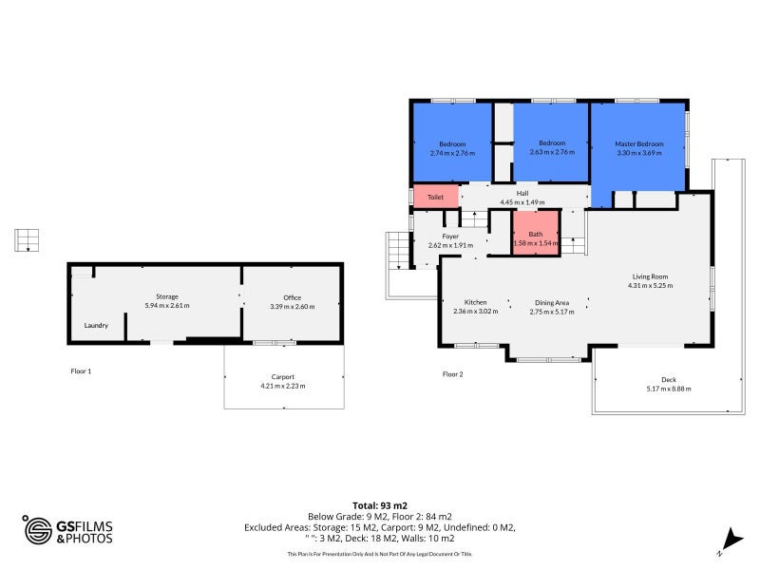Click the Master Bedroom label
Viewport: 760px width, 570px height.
pos(637,143)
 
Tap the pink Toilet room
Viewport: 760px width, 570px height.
pos(435,197)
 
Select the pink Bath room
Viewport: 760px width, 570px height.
pos(536,234)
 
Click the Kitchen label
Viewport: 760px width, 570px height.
pos(475,302)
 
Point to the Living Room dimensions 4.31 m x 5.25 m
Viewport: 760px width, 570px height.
pos(650,285)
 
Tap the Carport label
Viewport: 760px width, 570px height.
pos(282,376)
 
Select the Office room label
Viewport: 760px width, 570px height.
pos(292,297)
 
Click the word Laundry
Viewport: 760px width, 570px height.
pos(96,325)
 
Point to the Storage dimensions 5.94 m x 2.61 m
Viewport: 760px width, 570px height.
pos(167,306)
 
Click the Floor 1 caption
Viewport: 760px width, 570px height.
pos(81,370)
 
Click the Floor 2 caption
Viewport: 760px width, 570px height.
pos(452,374)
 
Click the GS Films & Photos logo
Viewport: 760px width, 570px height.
pos(67,530)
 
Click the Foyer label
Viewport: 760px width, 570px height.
pos(450,236)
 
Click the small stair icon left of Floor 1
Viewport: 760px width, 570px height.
pos(27,239)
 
